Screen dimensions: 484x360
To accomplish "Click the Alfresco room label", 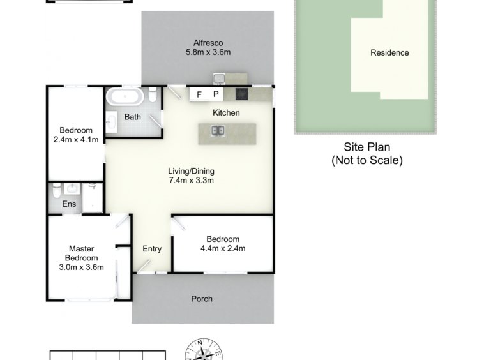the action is pos(208,43).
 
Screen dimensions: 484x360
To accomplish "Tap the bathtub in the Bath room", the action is pos(125,96).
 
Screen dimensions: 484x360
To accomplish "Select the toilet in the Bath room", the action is pos(153,94).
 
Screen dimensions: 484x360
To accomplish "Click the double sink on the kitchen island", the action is pos(218,131).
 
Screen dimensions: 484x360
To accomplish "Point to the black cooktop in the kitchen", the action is pos(242,94).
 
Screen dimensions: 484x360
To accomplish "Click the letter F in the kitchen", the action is pos(199,94).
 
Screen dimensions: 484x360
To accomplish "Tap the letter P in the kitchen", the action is pos(216,94).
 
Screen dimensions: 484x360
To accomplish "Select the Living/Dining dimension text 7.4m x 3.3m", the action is pos(192,181).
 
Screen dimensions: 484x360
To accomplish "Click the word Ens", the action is pos(69,204).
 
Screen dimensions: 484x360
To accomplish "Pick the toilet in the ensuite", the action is pos(56,191).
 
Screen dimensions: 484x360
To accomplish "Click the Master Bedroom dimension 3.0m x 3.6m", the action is pos(82,267).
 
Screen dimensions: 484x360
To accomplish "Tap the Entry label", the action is pos(152,249).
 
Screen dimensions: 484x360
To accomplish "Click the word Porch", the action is pos(202,299).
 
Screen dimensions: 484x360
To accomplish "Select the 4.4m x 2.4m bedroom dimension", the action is pos(223,248).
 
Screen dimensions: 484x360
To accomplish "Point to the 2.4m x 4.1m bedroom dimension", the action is pos(76,139).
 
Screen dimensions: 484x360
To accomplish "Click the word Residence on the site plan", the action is pos(389,53).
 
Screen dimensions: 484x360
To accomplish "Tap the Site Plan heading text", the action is pos(367,147).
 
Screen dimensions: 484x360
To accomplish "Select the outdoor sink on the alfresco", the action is pos(219,79).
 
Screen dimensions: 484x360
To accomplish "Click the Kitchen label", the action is pos(226,113).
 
